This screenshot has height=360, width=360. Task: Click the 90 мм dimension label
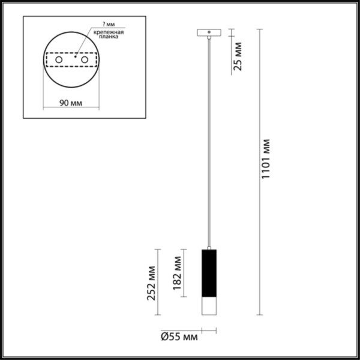point(71,103)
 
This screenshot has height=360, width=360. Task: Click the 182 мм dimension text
point(177,274)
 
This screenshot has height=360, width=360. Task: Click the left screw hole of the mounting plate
point(59,60)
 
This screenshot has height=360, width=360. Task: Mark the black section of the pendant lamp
point(207,274)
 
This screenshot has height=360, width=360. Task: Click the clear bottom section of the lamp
point(207,306)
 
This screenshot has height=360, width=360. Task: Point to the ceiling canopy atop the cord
point(208,32)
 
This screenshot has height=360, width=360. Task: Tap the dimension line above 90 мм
point(71,109)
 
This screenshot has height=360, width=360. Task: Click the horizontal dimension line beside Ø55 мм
point(208,329)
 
